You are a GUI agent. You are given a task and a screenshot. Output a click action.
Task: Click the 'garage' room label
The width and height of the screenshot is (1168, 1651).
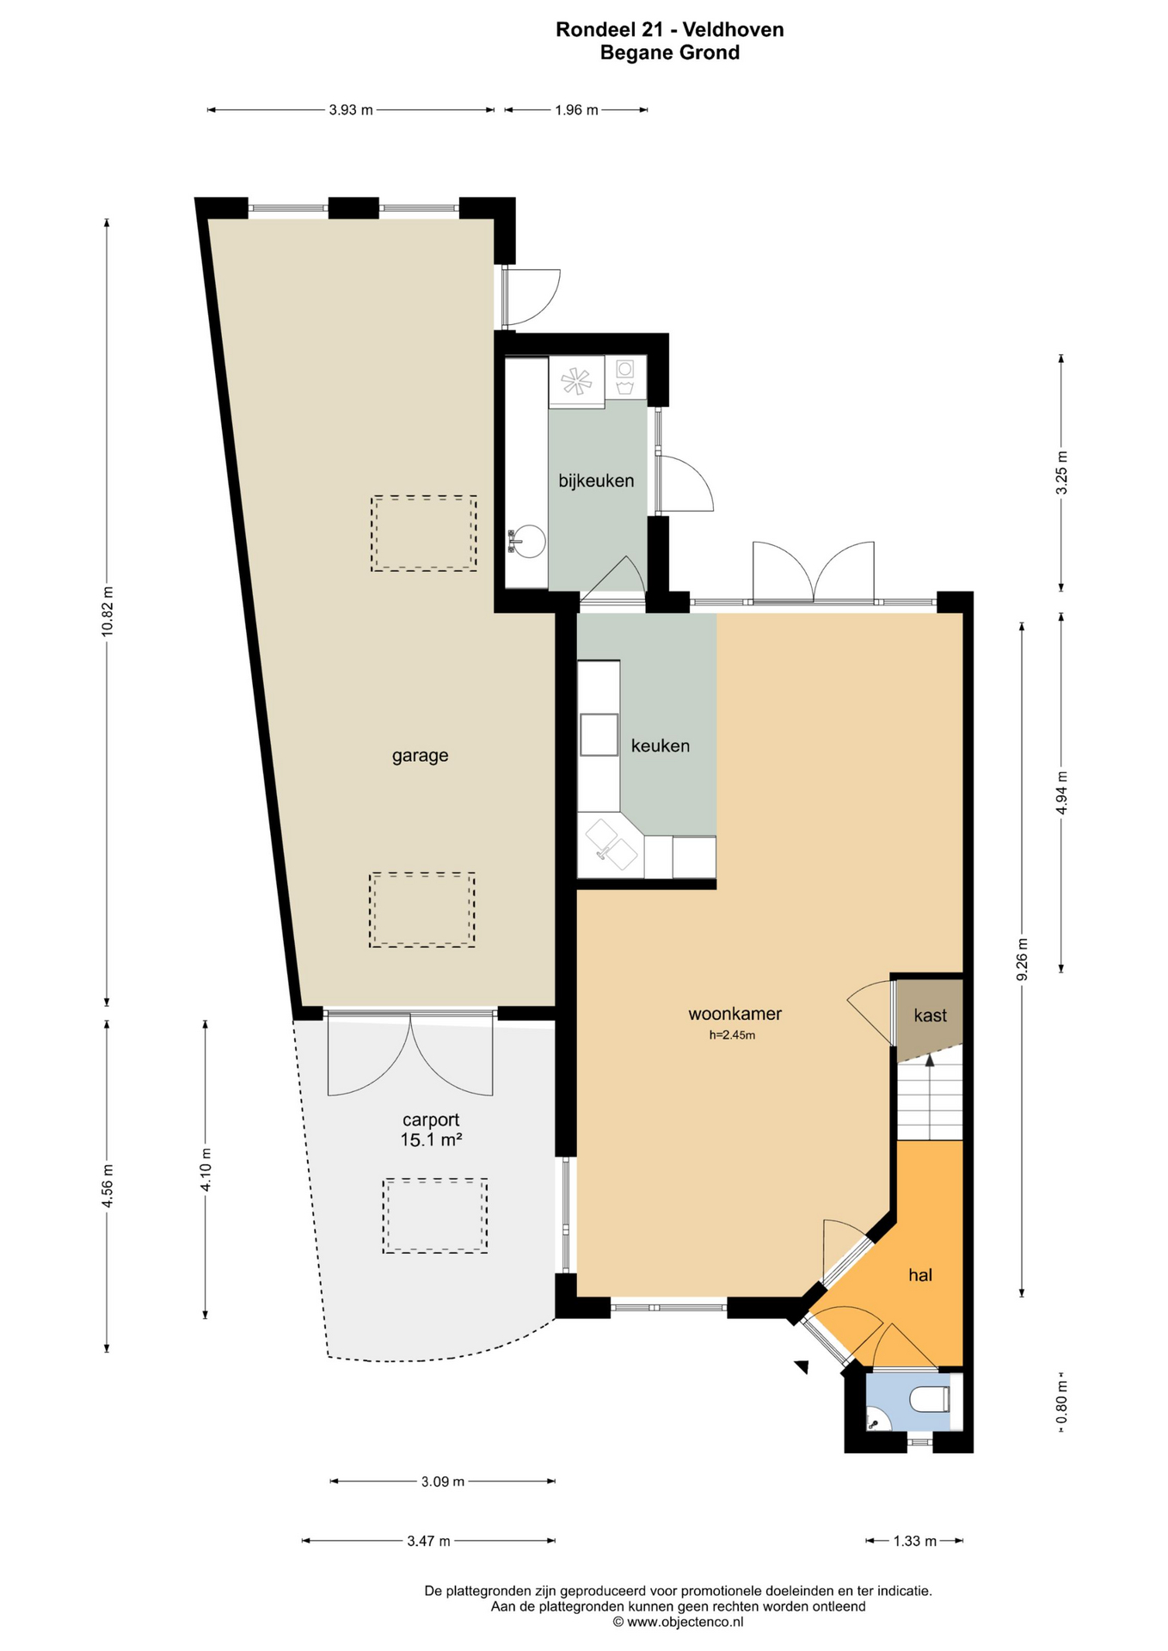click(420, 756)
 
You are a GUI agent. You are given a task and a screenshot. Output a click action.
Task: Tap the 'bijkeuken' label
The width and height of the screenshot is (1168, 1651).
click(596, 481)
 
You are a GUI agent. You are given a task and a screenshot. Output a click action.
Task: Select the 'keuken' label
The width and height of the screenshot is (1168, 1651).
click(661, 746)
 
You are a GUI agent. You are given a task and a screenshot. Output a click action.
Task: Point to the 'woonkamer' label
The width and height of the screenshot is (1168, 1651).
click(735, 1014)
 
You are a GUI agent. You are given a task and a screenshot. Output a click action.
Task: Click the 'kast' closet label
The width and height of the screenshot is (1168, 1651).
click(930, 1016)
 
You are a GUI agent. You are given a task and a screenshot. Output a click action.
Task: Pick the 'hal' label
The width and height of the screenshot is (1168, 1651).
click(920, 1275)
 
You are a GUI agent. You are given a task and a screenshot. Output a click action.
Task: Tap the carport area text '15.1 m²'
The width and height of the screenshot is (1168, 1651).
click(431, 1140)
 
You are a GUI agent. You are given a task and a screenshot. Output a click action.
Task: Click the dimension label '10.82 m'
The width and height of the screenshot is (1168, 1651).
click(108, 611)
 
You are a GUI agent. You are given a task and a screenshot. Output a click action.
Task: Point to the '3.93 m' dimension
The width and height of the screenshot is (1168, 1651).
click(351, 110)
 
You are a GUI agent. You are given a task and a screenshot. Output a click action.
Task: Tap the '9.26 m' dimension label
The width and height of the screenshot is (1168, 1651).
click(1022, 959)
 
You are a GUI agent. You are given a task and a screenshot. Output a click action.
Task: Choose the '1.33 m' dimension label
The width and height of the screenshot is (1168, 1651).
click(915, 1541)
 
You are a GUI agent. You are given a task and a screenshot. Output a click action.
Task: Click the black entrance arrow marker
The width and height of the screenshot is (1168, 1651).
click(802, 1366)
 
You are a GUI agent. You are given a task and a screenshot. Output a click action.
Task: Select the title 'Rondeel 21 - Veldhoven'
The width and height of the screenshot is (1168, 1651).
click(670, 30)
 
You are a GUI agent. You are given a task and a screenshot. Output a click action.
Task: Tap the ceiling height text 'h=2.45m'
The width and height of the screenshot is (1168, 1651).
click(732, 1035)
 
